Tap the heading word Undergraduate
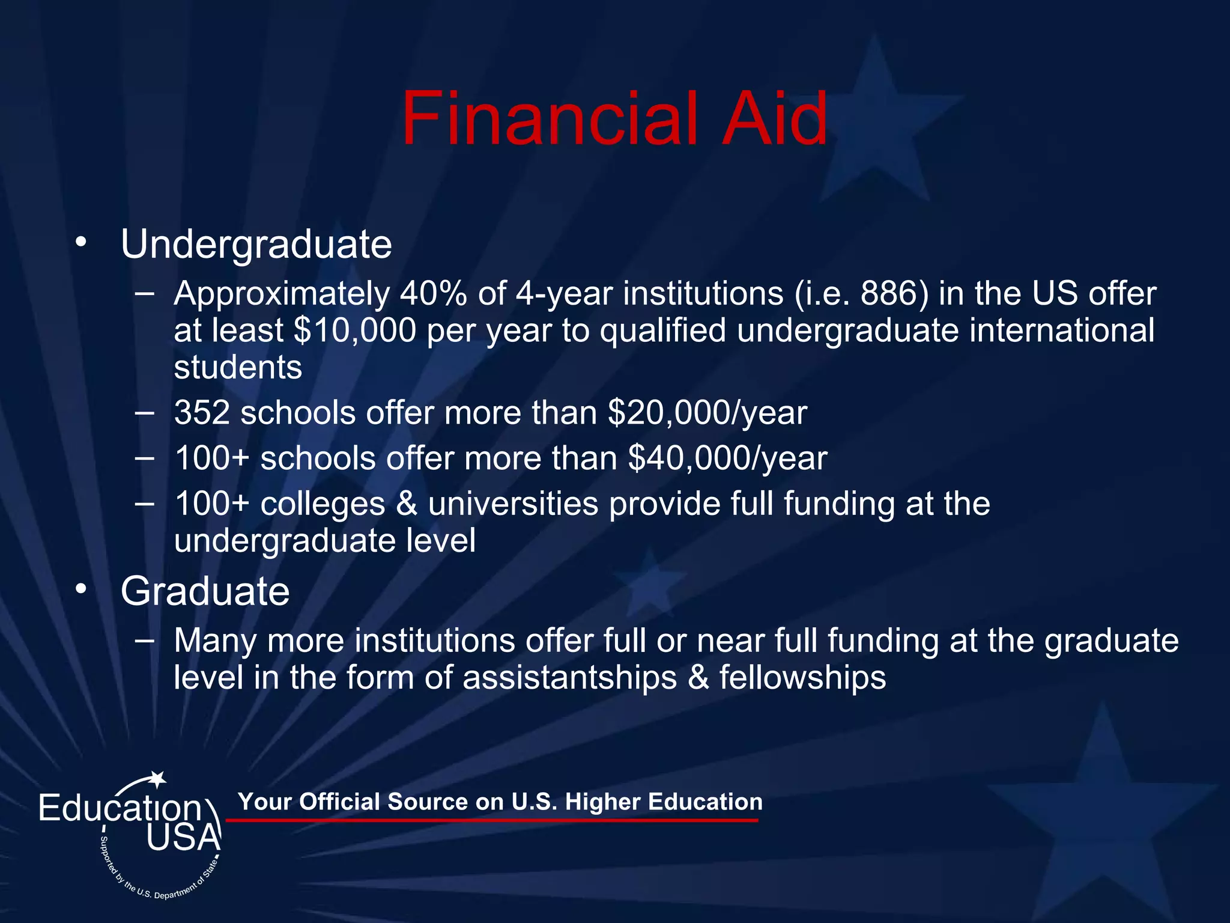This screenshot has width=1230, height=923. tap(256, 245)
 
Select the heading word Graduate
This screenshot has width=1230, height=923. tap(205, 591)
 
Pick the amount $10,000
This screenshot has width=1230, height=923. tap(355, 331)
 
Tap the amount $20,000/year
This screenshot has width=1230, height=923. tap(707, 413)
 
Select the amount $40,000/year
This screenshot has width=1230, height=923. tap(727, 458)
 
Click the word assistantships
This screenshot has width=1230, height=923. tap(570, 678)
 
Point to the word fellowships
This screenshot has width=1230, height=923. tap(802, 678)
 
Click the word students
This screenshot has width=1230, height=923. tap(238, 367)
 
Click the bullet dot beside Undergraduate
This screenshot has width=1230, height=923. tap(81, 242)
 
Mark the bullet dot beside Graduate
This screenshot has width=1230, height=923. tap(81, 589)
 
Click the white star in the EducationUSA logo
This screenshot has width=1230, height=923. tap(157, 779)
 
